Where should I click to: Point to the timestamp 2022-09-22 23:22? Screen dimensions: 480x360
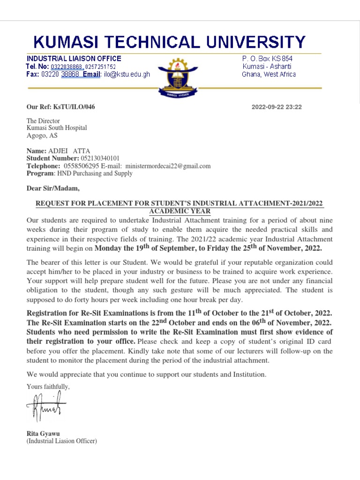(x=277, y=107)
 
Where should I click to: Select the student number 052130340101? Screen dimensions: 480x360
(x=100, y=158)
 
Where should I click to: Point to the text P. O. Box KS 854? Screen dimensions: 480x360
(x=267, y=59)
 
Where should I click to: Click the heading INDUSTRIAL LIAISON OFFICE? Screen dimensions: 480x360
(x=74, y=59)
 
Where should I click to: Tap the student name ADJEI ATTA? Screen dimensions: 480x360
(x=66, y=151)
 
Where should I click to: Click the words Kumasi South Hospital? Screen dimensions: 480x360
(x=56, y=128)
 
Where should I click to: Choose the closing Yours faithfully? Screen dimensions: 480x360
(x=48, y=387)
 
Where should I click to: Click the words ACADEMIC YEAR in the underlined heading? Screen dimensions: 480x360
(x=180, y=211)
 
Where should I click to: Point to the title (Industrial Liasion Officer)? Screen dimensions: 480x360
(x=62, y=441)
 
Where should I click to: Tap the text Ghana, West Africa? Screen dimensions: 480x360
(x=269, y=74)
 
